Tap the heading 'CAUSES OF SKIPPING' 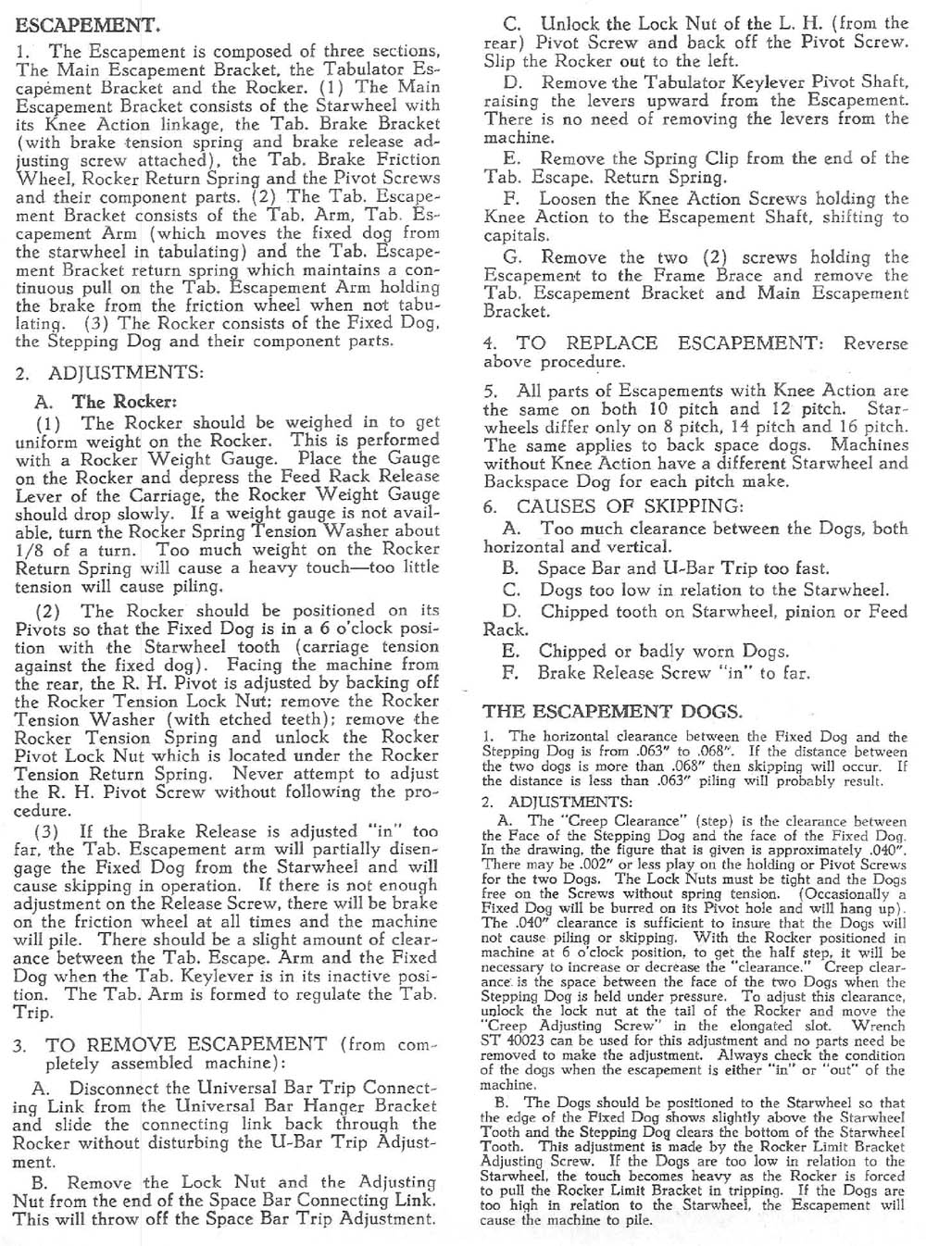[x=630, y=506]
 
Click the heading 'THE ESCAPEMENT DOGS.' [x=612, y=712]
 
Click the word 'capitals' [x=514, y=235]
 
